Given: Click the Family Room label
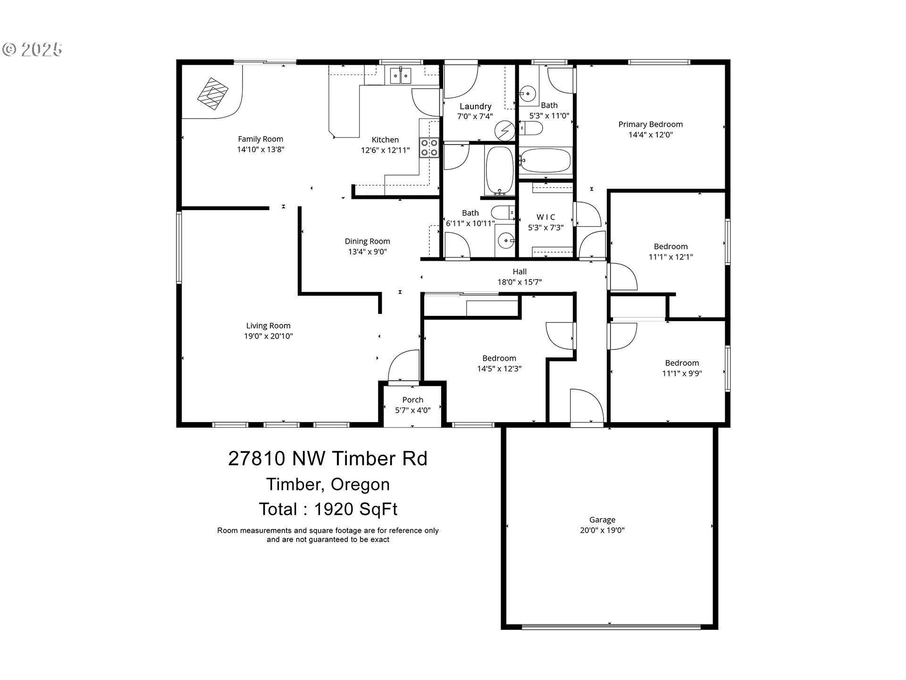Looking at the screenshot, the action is click(x=260, y=139).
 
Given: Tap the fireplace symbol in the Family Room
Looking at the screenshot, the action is click(x=213, y=93).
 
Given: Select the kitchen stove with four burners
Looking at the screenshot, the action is click(x=429, y=147).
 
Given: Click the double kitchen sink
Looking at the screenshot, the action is click(x=401, y=76).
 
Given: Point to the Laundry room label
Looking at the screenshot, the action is click(x=476, y=106).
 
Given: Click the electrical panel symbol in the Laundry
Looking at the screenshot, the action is click(x=505, y=130).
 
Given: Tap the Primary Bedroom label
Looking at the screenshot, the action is click(x=651, y=124).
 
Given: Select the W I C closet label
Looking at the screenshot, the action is click(x=546, y=217).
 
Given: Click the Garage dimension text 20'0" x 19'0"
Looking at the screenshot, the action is click(x=602, y=530).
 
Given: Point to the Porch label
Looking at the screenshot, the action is click(x=413, y=399).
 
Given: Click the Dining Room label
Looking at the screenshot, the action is click(x=368, y=241).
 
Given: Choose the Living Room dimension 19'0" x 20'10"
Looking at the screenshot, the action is click(x=268, y=336).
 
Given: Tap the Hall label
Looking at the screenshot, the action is click(x=520, y=272).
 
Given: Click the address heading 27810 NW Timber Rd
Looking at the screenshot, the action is click(x=328, y=459).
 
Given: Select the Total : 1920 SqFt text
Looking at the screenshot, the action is click(x=328, y=509).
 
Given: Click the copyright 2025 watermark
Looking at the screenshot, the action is click(x=33, y=49).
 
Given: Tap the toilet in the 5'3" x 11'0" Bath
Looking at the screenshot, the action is click(x=531, y=128).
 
